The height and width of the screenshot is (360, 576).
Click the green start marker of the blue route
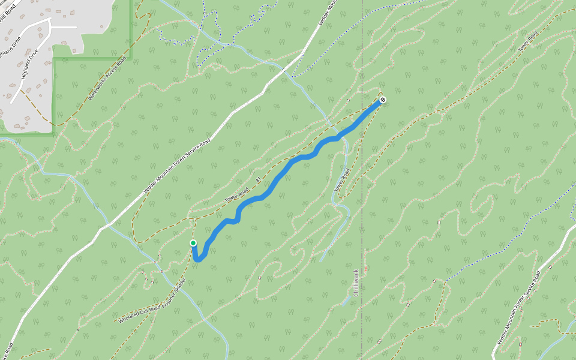pyautogui.click(x=193, y=243)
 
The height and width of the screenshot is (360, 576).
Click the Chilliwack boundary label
pyautogui.click(x=356, y=282)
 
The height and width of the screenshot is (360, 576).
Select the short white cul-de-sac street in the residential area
pyautogui.click(x=64, y=28)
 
